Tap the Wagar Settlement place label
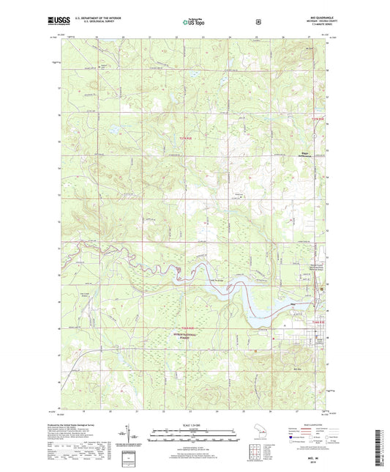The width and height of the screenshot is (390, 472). (x=310, y=155)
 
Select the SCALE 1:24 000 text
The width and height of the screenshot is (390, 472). (x=195, y=425)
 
